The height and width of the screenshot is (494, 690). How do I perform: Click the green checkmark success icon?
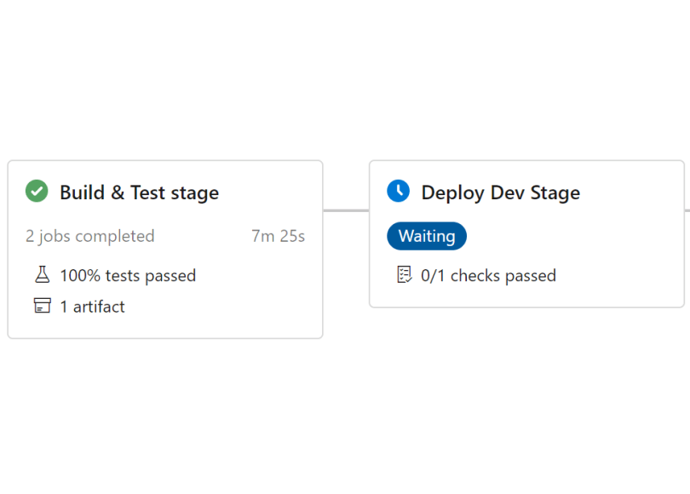[37, 191]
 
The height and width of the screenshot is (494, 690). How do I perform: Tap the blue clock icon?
[399, 191]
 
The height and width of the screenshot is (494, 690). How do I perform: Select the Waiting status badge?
[427, 236]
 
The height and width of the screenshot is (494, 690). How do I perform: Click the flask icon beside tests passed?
[43, 274]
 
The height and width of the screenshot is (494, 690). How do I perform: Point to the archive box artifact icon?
[43, 305]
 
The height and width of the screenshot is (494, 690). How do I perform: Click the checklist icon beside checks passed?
[405, 274]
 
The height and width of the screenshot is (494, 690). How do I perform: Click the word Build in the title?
[83, 192]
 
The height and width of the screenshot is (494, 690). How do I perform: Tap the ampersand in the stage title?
[118, 192]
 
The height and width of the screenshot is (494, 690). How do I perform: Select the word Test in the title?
[147, 192]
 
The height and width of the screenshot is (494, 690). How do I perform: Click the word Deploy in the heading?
[453, 193]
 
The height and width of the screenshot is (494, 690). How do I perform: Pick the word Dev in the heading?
[507, 192]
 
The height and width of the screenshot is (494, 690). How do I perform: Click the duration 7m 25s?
[278, 236]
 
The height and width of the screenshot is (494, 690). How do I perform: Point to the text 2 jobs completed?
[89, 237]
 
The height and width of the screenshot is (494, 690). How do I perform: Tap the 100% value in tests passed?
[81, 276]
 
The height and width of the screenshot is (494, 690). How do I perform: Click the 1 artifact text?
[92, 307]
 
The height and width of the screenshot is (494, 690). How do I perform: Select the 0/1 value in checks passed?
[433, 276]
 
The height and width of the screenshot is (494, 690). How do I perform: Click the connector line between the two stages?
[346, 210]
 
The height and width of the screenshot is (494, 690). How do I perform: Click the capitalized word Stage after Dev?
[555, 193]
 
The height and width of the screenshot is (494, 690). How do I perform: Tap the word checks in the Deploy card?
[475, 276]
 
